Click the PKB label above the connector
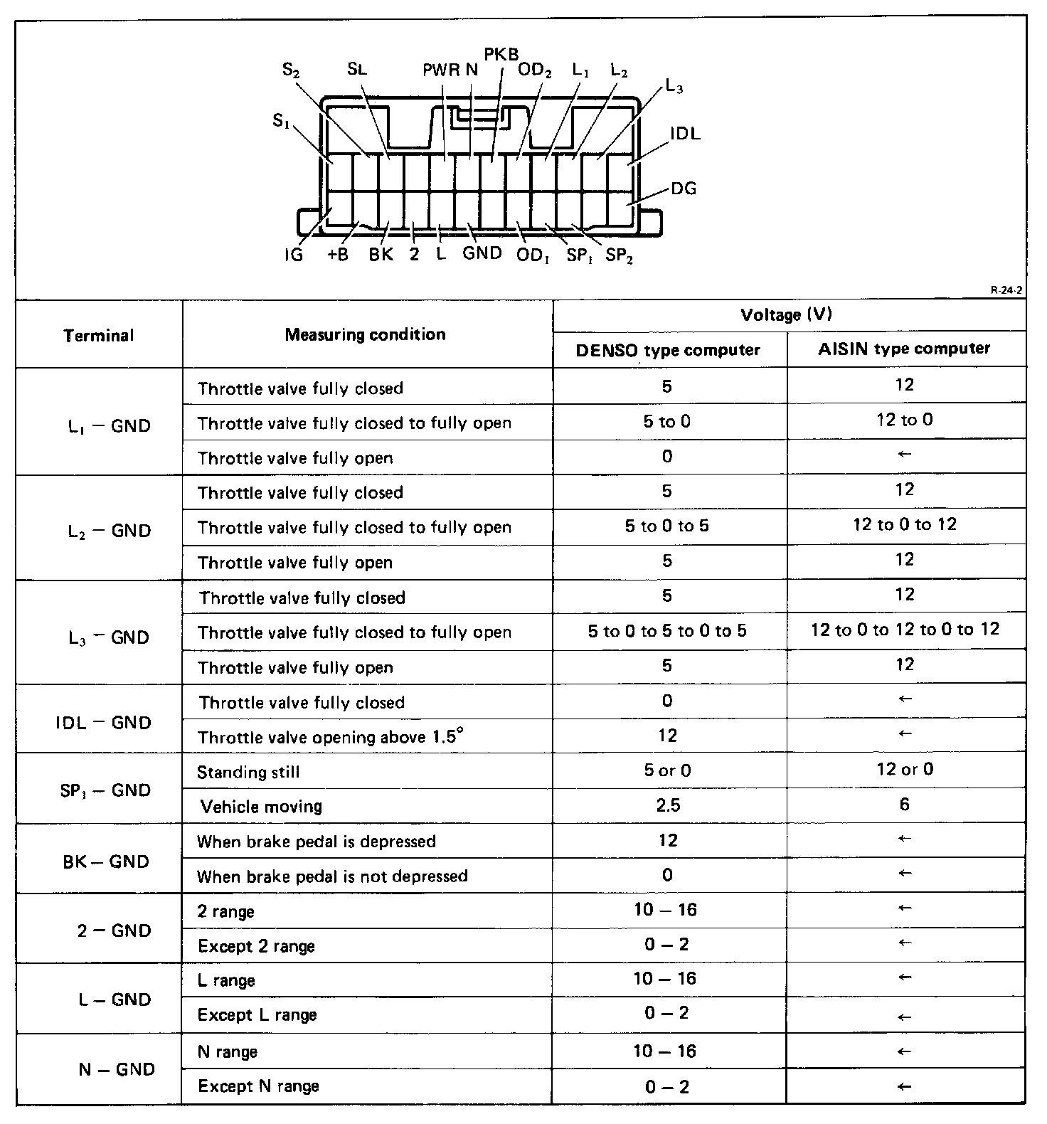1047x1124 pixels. coord(501,55)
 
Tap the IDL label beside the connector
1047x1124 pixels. coord(685,133)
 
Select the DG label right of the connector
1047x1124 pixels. coord(684,189)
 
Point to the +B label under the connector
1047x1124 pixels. coord(338,255)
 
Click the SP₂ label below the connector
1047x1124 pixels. coord(619,256)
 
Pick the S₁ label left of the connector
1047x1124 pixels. coord(281,122)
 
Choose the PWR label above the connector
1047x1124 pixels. coord(441,70)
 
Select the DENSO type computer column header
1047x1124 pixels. coord(668,350)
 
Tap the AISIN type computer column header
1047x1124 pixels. coord(904,349)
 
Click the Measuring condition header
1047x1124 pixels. coord(366,334)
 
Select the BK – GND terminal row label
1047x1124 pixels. coord(106,861)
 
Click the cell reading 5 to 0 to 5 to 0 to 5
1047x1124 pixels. coord(667,631)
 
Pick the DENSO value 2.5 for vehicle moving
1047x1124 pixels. coord(668,805)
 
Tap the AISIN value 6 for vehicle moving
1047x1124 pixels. coord(904,805)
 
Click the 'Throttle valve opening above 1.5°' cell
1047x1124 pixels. coord(331,737)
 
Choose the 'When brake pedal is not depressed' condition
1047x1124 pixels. coord(332,876)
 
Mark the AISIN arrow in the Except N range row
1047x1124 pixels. coord(904,1086)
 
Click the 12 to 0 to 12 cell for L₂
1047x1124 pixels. coord(904,525)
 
